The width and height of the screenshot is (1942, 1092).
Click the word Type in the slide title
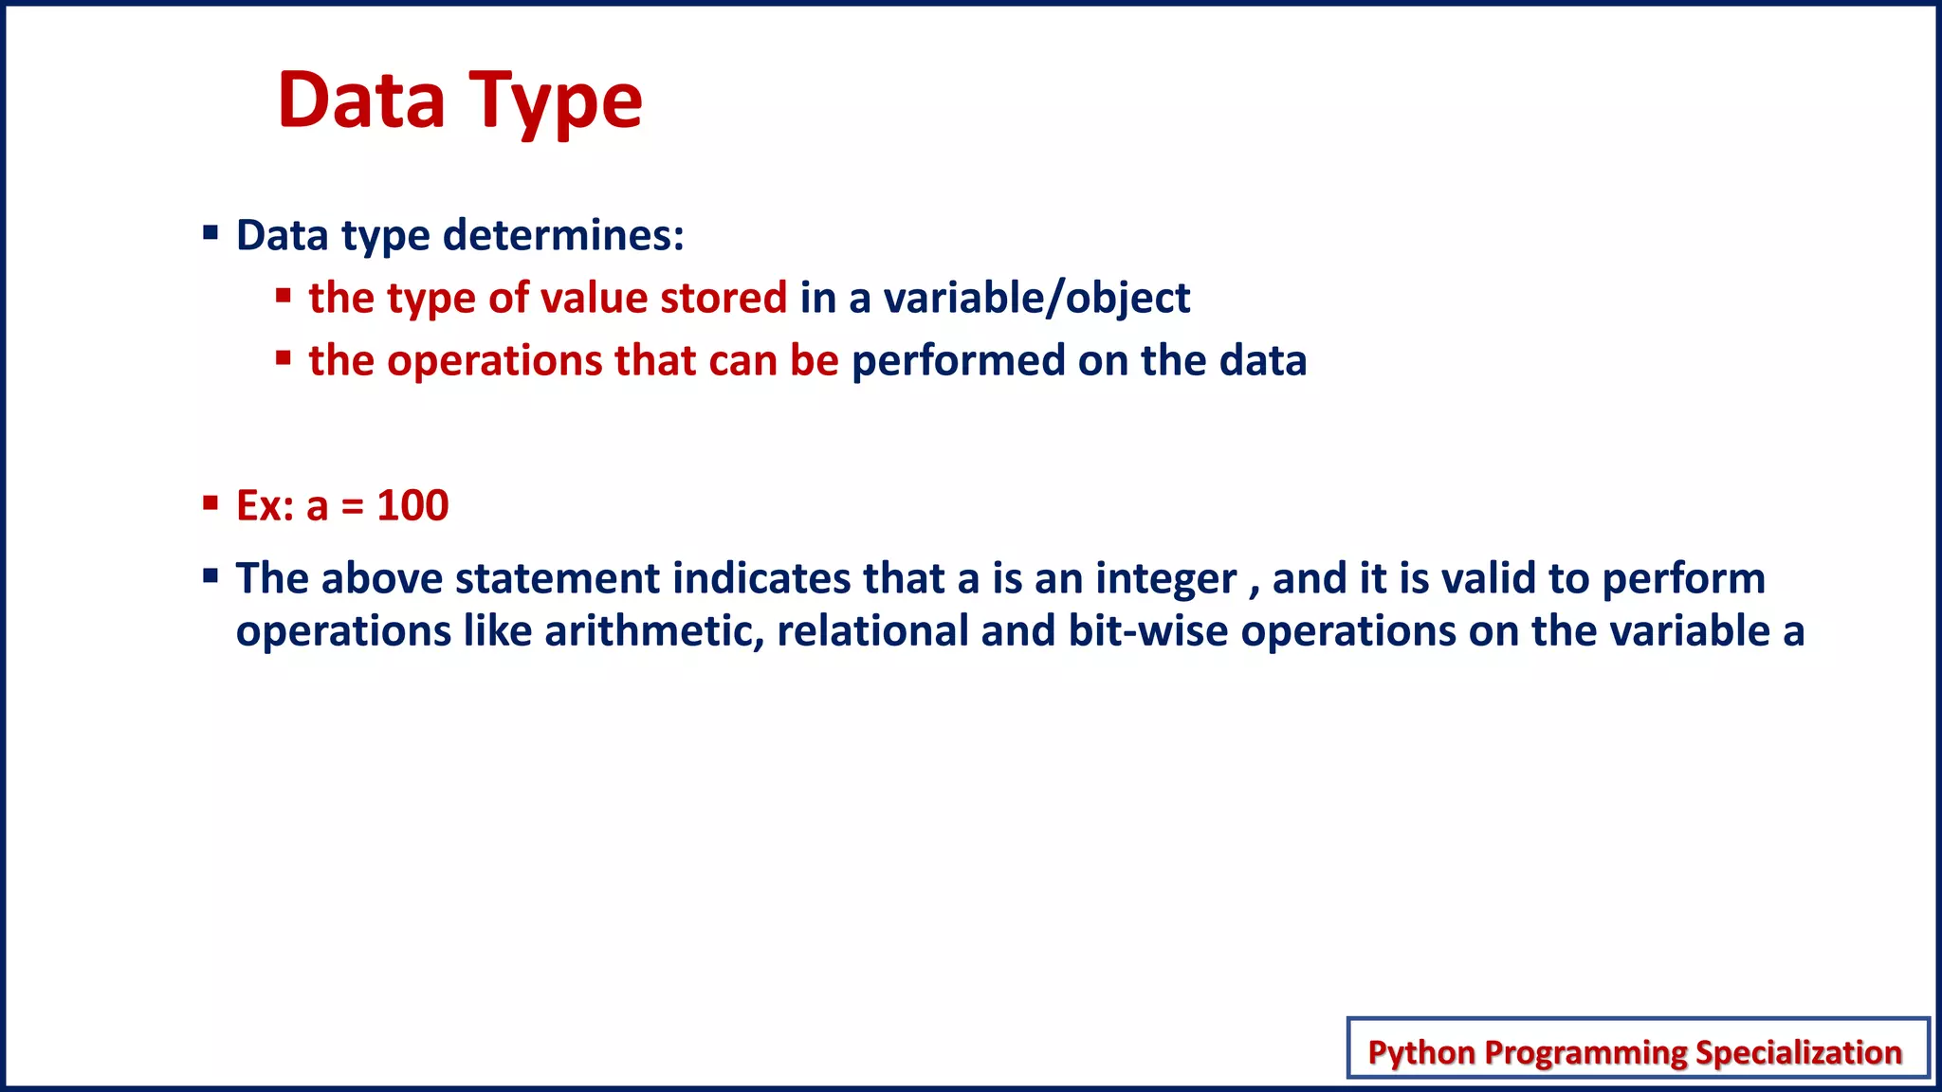pyautogui.click(x=557, y=102)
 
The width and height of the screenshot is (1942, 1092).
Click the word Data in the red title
pyautogui.click(x=361, y=100)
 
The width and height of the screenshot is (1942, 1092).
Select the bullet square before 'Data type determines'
pyautogui.click(x=211, y=232)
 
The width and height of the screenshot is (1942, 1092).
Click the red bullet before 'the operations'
pyautogui.click(x=283, y=358)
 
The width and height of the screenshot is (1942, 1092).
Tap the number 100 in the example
pyautogui.click(x=412, y=505)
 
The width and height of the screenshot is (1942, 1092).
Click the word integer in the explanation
pyautogui.click(x=1165, y=579)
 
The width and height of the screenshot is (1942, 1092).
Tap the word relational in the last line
pyautogui.click(x=872, y=631)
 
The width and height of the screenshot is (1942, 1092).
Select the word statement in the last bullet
pyautogui.click(x=557, y=579)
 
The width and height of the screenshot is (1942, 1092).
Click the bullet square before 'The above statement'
pyautogui.click(x=211, y=575)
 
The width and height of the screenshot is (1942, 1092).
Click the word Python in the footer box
pyautogui.click(x=1421, y=1052)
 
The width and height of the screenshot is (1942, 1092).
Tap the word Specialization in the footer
pyautogui.click(x=1798, y=1052)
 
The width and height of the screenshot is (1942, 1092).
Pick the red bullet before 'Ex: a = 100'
pyautogui.click(x=211, y=502)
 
